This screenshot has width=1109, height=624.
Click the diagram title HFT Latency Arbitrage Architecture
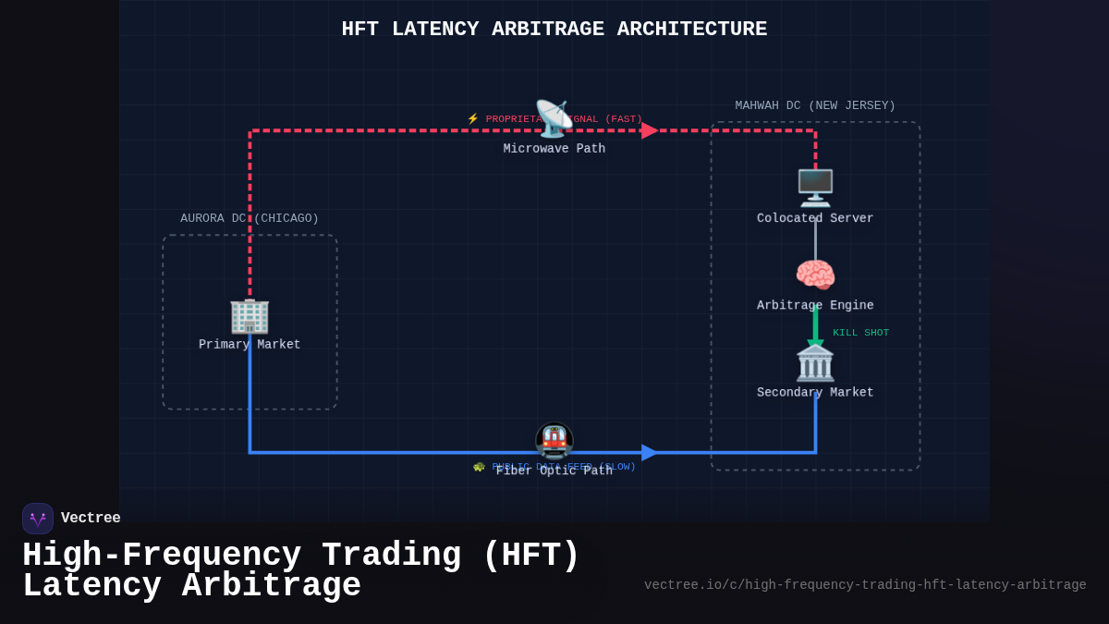[554, 30]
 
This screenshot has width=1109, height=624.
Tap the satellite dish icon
[554, 118]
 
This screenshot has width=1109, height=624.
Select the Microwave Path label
[554, 149]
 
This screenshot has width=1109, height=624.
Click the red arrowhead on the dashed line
[650, 130]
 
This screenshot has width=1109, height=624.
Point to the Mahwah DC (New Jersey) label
[815, 105]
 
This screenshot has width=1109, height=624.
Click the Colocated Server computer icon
[815, 188]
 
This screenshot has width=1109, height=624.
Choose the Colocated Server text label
[815, 219]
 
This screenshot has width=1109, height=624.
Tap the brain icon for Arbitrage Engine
[815, 275]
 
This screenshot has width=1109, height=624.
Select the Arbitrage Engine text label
[815, 306]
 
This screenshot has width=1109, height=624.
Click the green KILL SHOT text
[860, 333]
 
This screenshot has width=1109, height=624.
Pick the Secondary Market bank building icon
[815, 363]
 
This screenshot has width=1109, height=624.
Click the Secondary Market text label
[815, 393]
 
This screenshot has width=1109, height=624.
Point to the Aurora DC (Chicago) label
[250, 218]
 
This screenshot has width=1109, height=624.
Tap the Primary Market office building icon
[250, 316]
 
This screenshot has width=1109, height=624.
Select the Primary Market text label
[250, 345]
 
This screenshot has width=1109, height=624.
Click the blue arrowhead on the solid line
[650, 452]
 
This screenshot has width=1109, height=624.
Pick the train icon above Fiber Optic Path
[554, 441]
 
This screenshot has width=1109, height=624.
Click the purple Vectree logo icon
[38, 519]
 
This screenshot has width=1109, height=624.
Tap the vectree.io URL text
[865, 585]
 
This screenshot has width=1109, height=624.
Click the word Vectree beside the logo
[91, 519]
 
